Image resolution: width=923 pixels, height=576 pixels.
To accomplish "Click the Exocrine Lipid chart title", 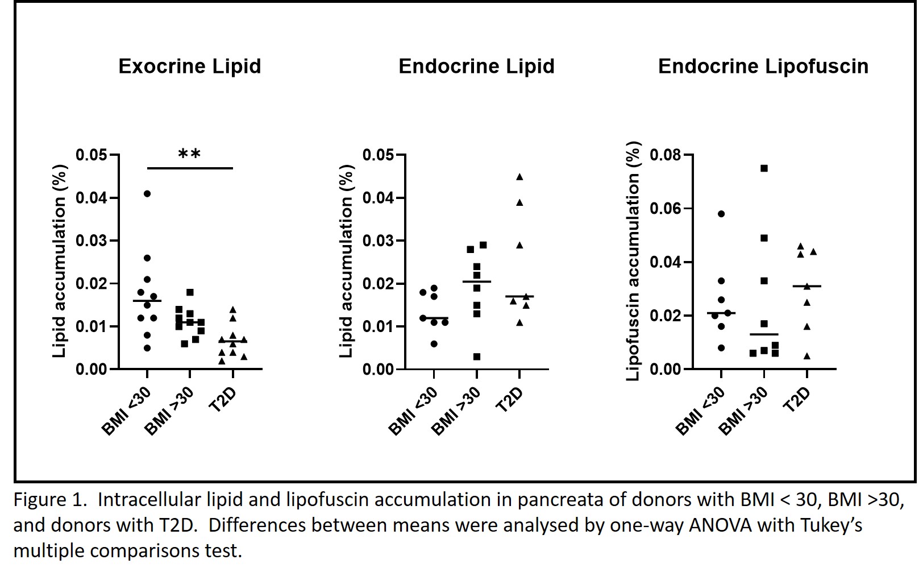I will pyautogui.click(x=189, y=67).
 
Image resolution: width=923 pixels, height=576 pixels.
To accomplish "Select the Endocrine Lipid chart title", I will pyautogui.click(x=476, y=67).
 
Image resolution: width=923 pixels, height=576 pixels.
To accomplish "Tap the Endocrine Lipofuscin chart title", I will pyautogui.click(x=763, y=67).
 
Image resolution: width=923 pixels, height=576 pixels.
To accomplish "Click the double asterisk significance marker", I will pyautogui.click(x=189, y=154).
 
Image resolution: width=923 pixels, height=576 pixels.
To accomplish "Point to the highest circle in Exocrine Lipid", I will pyautogui.click(x=147, y=194).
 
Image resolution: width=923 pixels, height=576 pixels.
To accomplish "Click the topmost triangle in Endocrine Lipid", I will pyautogui.click(x=519, y=177).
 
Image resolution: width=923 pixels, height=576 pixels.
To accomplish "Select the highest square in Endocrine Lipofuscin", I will pyautogui.click(x=764, y=168).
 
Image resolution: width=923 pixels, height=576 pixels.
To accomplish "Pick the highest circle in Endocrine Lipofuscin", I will pyautogui.click(x=721, y=214).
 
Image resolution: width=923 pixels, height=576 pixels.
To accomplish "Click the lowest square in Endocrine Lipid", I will pyautogui.click(x=477, y=357).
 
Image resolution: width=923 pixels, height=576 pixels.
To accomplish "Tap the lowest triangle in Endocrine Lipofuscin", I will pyautogui.click(x=807, y=356).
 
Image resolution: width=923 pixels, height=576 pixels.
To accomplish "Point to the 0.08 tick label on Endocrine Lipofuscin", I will pyautogui.click(x=665, y=155).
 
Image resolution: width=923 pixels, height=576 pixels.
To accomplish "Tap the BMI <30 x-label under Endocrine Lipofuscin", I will pyautogui.click(x=700, y=411).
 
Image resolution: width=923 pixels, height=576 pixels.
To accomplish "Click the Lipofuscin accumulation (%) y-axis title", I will pyautogui.click(x=633, y=262).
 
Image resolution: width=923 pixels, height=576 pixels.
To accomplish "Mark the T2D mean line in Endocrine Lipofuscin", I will pyautogui.click(x=806, y=286).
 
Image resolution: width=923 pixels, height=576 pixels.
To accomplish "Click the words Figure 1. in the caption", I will pyautogui.click(x=49, y=500).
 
